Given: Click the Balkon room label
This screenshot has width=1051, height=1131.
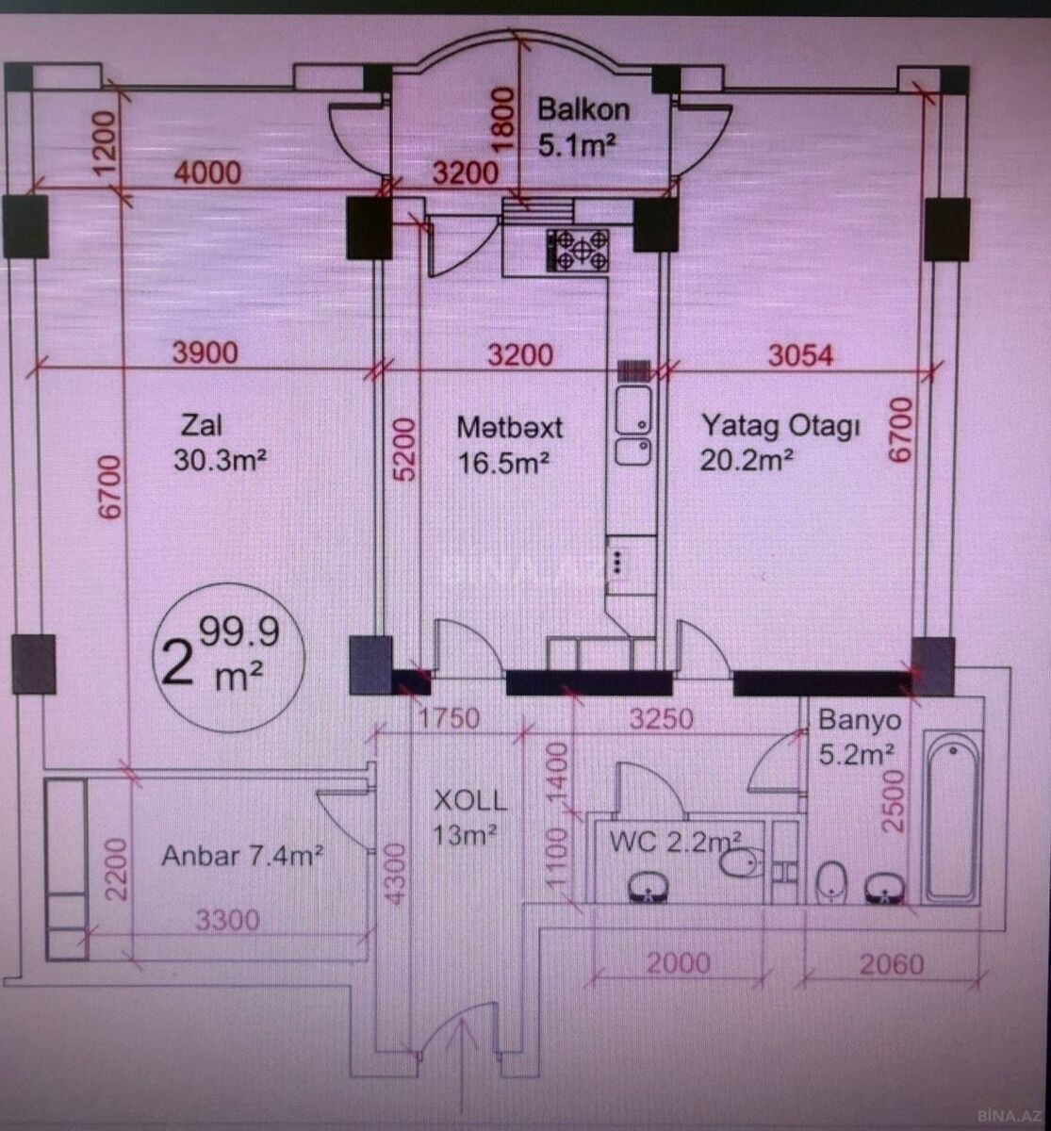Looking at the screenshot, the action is point(583,109).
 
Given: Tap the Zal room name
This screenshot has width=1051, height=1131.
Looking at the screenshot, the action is point(202,425).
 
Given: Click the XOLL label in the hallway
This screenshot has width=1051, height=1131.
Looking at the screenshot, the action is point(470,801).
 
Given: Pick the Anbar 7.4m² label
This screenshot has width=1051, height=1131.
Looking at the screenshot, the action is point(242,856).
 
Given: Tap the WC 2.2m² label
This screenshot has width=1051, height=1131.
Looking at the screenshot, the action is point(676,842).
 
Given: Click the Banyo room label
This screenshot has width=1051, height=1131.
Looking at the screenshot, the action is point(860,720).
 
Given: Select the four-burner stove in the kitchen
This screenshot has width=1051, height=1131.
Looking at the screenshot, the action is point(578,250).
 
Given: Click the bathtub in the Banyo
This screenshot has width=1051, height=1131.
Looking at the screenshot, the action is point(953,817).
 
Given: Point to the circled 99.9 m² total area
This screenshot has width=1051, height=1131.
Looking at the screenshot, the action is point(230,657).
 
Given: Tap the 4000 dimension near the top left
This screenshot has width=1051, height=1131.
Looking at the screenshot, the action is point(207,172).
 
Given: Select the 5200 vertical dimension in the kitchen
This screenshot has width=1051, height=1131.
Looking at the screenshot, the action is point(405,450).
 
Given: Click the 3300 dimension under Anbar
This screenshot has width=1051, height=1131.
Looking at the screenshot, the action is point(227,920).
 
